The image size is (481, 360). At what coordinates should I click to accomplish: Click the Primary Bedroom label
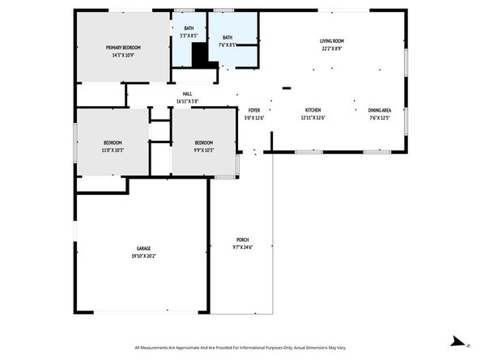point(123,49)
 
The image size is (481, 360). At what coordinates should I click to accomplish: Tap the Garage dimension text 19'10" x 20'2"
point(143,256)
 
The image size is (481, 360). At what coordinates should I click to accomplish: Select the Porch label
point(242,239)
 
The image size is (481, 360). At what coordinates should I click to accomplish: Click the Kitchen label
point(313,110)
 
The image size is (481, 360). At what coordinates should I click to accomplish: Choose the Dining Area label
point(380,110)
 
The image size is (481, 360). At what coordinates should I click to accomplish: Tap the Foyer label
point(254,110)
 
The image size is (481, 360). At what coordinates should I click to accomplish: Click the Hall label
point(187,94)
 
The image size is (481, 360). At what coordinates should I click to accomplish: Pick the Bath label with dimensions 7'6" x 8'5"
point(228,37)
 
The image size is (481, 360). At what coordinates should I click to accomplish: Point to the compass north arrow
point(458,341)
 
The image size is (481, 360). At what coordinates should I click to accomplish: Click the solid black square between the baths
point(200,55)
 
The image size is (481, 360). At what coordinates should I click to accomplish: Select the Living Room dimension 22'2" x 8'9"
point(332,48)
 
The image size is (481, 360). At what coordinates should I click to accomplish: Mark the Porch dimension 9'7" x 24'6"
point(242,248)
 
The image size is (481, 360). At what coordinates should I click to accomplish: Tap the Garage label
point(143,248)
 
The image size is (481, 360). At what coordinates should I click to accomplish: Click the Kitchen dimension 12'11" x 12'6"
point(313,118)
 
